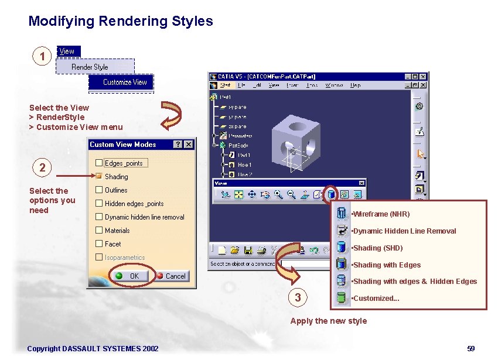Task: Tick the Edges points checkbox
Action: tap(99, 163)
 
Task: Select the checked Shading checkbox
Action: tap(99, 176)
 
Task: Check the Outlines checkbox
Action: tap(99, 190)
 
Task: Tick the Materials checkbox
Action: tap(99, 230)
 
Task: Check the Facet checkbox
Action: tap(99, 244)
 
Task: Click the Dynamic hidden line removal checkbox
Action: tap(99, 217)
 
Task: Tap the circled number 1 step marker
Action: tap(42, 57)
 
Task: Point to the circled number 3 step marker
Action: tap(298, 297)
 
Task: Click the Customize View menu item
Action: tap(125, 82)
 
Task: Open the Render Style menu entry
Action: tap(90, 67)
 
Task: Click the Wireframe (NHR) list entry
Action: tap(381, 214)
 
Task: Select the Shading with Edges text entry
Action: tap(387, 265)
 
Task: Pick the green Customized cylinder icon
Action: tap(341, 298)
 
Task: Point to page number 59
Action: tap(471, 349)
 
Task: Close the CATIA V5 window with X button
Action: tap(424, 76)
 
